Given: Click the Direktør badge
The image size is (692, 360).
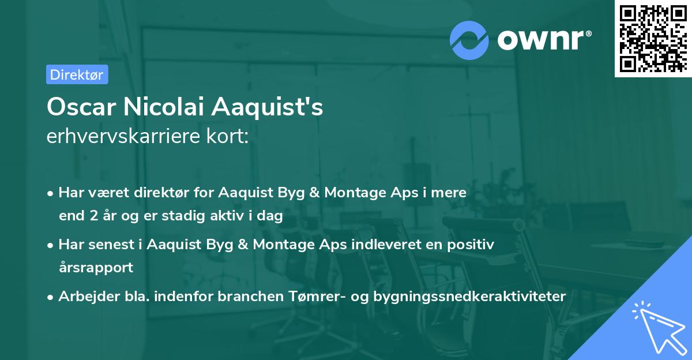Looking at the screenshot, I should click(x=77, y=74).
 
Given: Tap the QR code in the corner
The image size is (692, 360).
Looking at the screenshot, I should click(x=653, y=38).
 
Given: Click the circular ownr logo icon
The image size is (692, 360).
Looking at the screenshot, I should click(x=469, y=40).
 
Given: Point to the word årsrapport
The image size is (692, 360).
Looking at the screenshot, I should click(x=96, y=267).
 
